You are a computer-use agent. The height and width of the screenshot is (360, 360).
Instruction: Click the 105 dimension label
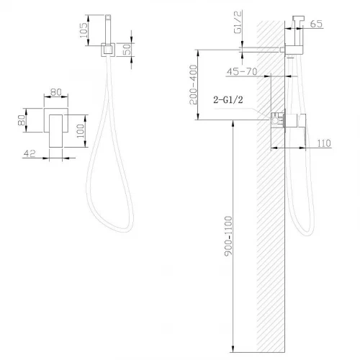coord(84,30)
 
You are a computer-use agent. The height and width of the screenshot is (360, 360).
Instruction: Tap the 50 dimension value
coord(127,49)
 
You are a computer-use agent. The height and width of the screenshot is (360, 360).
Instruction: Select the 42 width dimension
coord(30,153)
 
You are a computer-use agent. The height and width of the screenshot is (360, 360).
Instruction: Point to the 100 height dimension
coord(81,131)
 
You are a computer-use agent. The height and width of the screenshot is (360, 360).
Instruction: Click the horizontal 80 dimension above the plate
coord(56,92)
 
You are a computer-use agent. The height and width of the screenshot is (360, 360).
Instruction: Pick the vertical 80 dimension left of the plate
coord(22,120)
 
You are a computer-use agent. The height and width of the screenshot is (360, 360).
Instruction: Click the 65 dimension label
coord(316,24)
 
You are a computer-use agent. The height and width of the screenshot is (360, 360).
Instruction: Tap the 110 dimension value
coord(324,143)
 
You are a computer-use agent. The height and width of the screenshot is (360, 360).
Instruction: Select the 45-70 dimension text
coord(242,71)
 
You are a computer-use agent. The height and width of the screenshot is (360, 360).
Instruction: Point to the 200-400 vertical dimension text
coord(193,85)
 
